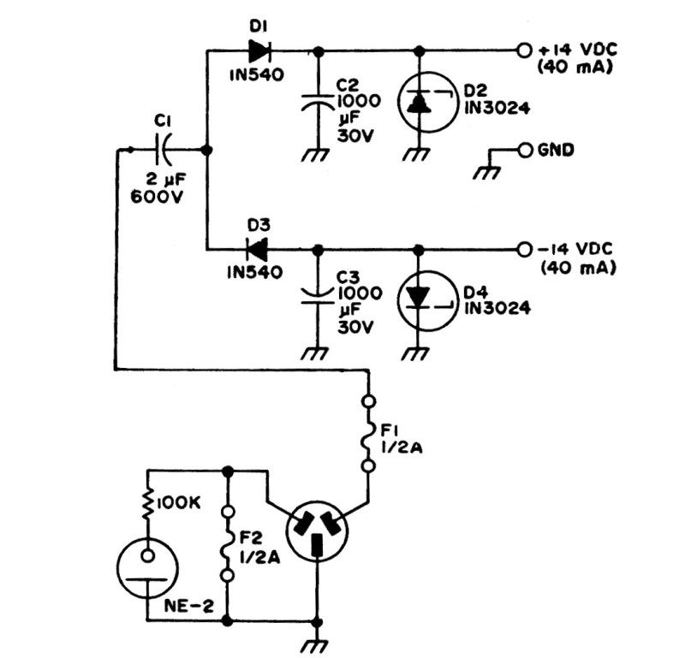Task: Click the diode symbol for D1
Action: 258,50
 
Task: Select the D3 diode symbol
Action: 256,249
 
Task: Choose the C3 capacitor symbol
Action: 318,299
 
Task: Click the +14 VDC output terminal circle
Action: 524,50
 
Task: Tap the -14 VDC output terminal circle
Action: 524,249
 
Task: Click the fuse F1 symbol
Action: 369,433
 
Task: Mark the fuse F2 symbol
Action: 228,545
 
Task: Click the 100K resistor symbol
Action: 148,505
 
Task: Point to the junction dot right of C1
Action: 207,150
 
